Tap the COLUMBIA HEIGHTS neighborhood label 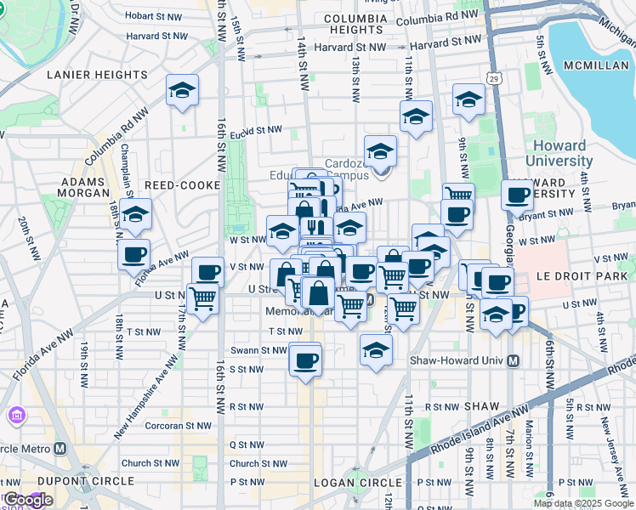(x=355, y=29)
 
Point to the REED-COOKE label (x=182, y=185)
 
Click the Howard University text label (x=559, y=153)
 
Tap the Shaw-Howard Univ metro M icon (x=513, y=360)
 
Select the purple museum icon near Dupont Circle (x=17, y=416)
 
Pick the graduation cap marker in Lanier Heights (x=182, y=92)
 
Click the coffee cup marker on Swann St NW (x=304, y=359)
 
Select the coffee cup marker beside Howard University (x=517, y=195)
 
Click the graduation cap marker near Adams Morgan (x=134, y=215)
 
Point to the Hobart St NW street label (x=152, y=15)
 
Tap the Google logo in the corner (x=27, y=501)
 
